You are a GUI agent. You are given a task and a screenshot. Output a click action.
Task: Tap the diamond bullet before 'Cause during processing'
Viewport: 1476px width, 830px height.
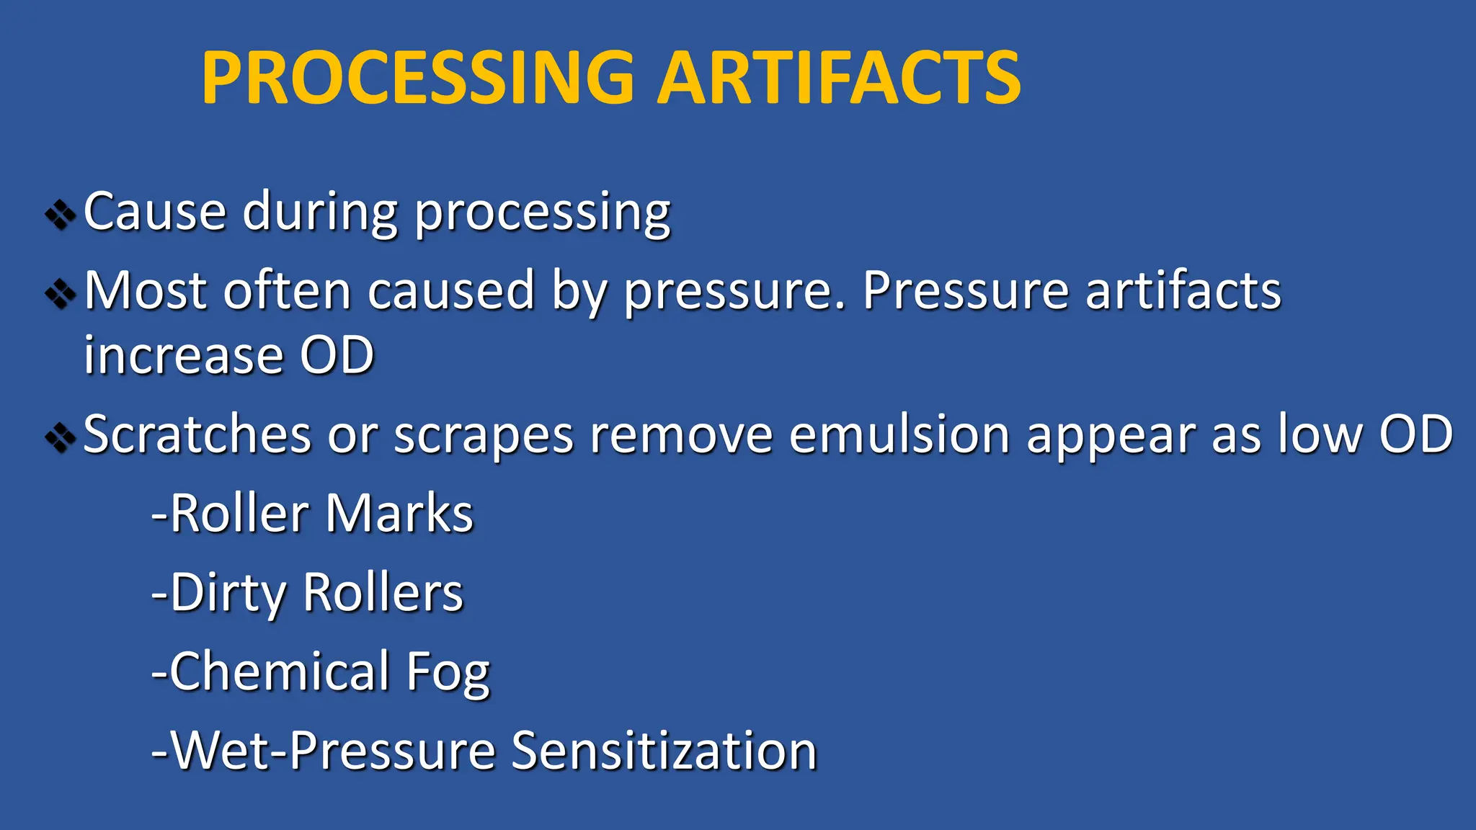click(x=61, y=215)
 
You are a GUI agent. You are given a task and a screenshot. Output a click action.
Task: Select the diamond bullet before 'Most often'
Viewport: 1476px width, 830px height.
click(x=61, y=294)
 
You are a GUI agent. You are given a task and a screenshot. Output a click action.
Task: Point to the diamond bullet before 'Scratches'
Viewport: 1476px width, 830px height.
click(x=61, y=437)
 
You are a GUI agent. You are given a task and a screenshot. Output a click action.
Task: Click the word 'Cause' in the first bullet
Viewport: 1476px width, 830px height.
click(x=155, y=212)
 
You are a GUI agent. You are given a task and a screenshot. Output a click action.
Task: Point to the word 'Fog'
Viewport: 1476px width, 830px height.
click(x=448, y=674)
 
